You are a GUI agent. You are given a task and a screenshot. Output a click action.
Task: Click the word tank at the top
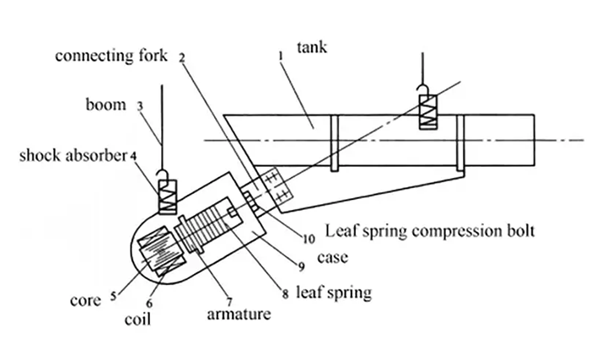pyautogui.click(x=314, y=48)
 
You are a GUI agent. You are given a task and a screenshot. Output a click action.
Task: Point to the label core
pyautogui.click(x=87, y=300)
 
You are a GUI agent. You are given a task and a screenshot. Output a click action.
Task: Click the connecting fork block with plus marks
pyautogui.click(x=272, y=189)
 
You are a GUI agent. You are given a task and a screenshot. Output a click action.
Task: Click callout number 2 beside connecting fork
pyautogui.click(x=183, y=57)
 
